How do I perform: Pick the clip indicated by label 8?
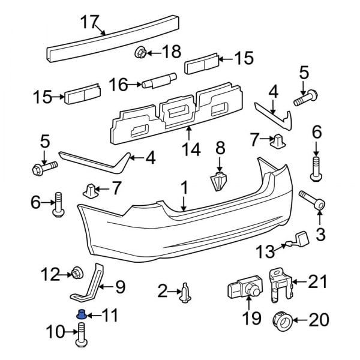[x=220, y=181]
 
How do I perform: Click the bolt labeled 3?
[x=312, y=201]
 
